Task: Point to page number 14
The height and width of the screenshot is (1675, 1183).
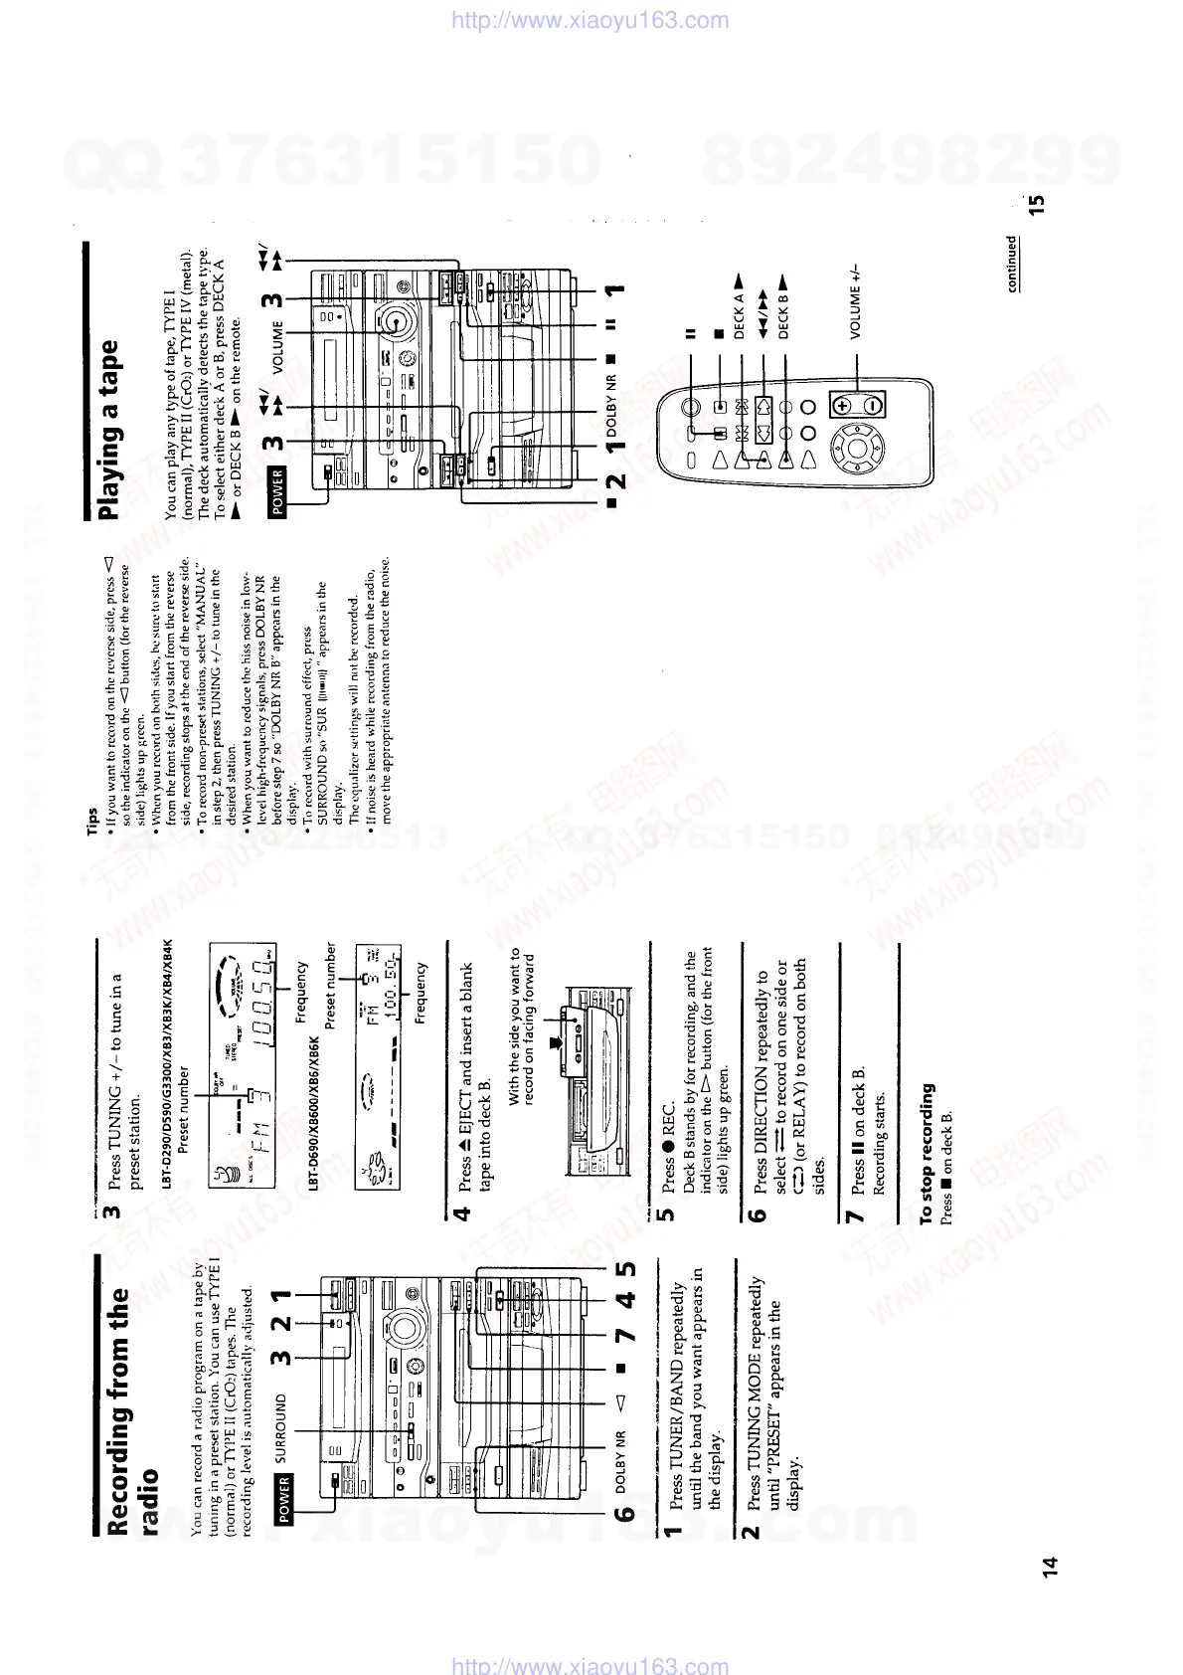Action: tap(1050, 1567)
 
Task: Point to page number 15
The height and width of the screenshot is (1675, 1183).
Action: tap(1037, 205)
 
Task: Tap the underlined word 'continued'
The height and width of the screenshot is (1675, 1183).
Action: tap(1012, 263)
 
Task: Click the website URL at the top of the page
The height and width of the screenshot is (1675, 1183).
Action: tap(591, 20)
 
